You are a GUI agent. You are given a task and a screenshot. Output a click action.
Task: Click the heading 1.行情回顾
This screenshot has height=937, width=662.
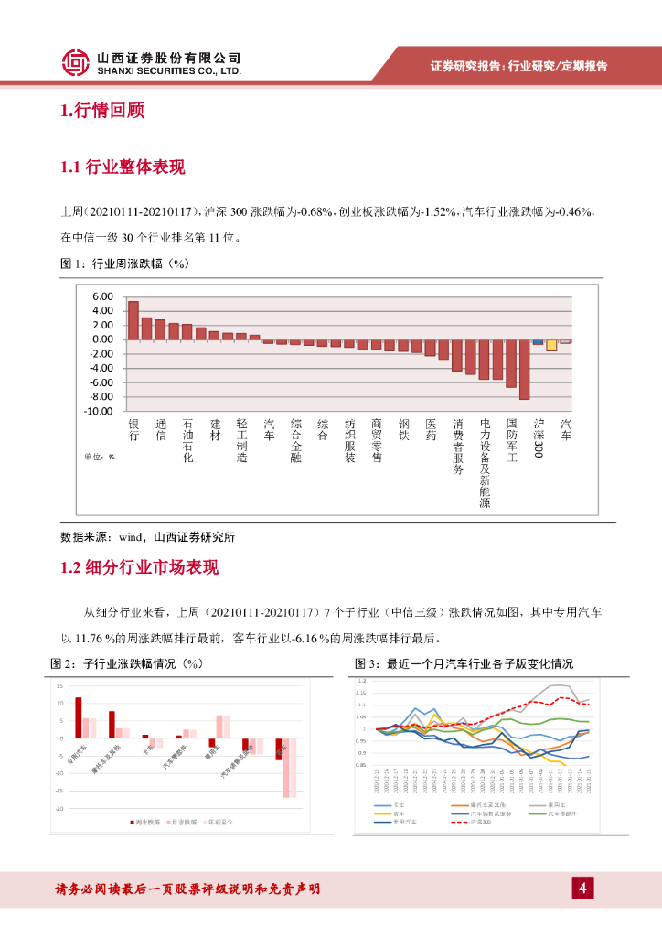pyautogui.click(x=101, y=112)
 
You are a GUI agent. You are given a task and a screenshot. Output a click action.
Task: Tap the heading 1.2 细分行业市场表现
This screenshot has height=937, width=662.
pyautogui.click(x=139, y=567)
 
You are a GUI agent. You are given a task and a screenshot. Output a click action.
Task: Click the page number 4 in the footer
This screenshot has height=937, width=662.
pyautogui.click(x=582, y=888)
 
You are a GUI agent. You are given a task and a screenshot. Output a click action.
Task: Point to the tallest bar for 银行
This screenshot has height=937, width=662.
pyautogui.click(x=133, y=320)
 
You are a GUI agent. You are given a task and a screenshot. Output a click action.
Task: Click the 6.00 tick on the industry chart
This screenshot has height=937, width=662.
pyautogui.click(x=101, y=297)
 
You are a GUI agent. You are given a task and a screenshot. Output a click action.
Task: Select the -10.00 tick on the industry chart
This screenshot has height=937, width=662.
pyautogui.click(x=98, y=411)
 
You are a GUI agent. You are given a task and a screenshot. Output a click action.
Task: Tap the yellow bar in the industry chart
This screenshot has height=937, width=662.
pyautogui.click(x=551, y=345)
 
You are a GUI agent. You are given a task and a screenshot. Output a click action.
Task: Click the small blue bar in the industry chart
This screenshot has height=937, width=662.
pyautogui.click(x=538, y=341)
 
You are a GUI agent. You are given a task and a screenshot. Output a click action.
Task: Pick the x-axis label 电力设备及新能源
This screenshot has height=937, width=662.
pyautogui.click(x=485, y=463)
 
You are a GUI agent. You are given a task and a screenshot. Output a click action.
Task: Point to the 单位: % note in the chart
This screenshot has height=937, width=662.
pyautogui.click(x=100, y=456)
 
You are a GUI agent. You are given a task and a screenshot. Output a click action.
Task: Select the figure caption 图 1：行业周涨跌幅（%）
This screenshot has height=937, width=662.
pyautogui.click(x=123, y=264)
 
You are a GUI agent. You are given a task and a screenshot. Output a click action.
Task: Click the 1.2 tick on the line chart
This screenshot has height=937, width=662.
pyautogui.click(x=361, y=682)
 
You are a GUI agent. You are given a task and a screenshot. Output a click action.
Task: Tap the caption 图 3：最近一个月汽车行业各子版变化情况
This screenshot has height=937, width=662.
pyautogui.click(x=464, y=663)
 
